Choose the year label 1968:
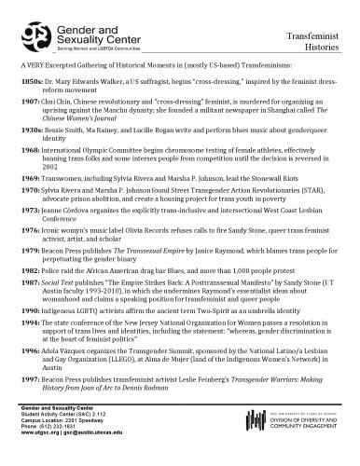click(29, 149)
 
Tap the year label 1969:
click(29, 175)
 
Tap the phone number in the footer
click(57, 441)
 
